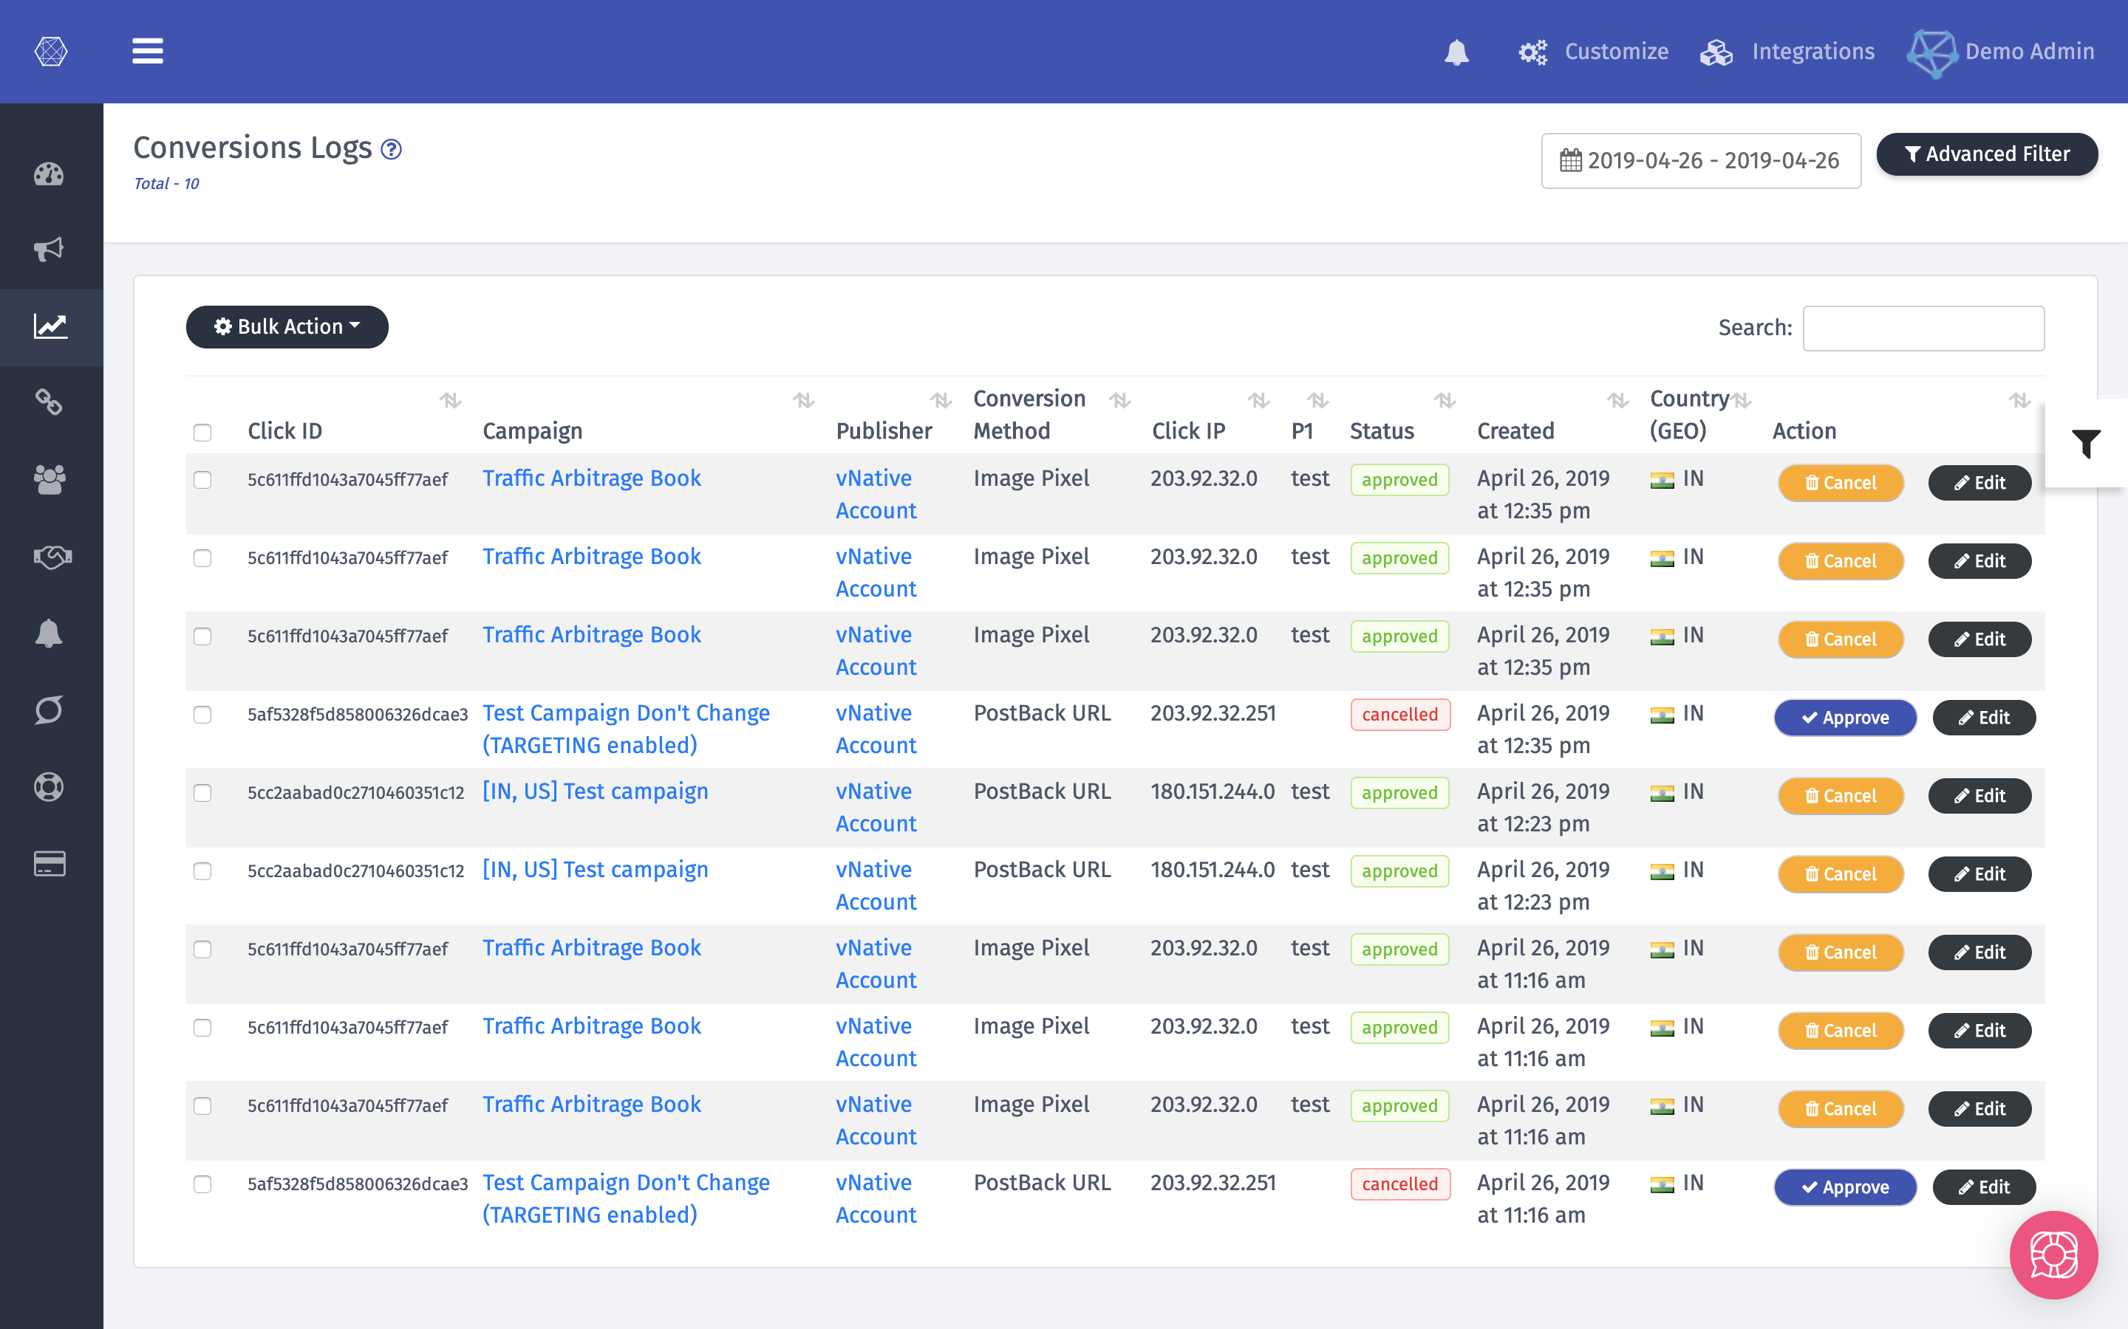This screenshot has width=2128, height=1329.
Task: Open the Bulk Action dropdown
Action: point(287,327)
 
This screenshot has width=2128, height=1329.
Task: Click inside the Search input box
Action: point(1923,328)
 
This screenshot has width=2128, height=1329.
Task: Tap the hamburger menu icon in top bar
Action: point(148,51)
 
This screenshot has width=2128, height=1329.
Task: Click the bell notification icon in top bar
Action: point(1456,52)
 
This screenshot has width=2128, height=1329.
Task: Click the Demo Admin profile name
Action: point(2029,52)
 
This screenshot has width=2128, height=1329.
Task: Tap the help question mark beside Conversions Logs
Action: point(392,149)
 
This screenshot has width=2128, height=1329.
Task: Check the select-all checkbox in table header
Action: point(202,432)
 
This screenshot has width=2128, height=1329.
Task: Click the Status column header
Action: point(1382,430)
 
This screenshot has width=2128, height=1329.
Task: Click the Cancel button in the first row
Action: point(1841,483)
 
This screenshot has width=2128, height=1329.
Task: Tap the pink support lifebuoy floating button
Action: point(2053,1254)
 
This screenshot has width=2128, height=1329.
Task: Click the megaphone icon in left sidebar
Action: point(50,250)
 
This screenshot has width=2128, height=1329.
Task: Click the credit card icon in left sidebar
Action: point(50,864)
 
